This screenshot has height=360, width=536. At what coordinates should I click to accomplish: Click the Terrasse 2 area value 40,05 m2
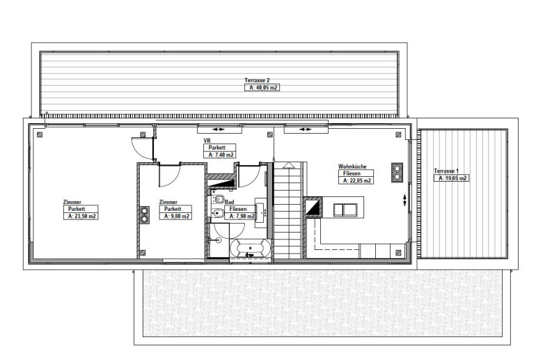[262, 88]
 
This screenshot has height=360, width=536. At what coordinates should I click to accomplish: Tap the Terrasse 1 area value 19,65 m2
[451, 178]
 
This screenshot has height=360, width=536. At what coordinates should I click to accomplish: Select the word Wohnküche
[352, 166]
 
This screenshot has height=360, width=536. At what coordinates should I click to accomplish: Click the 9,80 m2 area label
[175, 216]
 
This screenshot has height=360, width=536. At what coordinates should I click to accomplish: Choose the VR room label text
[207, 141]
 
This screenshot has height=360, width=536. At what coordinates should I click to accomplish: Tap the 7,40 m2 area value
[220, 155]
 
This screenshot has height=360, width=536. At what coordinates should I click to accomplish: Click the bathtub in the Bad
[250, 248]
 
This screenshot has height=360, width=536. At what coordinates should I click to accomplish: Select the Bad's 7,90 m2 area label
[240, 216]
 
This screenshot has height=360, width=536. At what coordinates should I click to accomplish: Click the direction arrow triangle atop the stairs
[289, 165]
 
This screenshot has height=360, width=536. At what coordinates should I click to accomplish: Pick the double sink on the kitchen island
[345, 210]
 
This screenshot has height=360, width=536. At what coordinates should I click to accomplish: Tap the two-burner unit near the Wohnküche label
[397, 172]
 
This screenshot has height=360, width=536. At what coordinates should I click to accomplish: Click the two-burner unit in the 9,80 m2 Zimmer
[144, 215]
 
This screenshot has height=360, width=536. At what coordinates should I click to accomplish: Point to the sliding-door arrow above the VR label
[218, 130]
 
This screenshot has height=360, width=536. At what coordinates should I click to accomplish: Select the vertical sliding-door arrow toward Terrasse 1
[404, 200]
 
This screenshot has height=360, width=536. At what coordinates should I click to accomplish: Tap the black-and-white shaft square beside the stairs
[313, 208]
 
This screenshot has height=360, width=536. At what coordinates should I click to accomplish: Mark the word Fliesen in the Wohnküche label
[352, 173]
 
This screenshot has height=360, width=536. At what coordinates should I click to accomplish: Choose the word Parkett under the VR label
[216, 148]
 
